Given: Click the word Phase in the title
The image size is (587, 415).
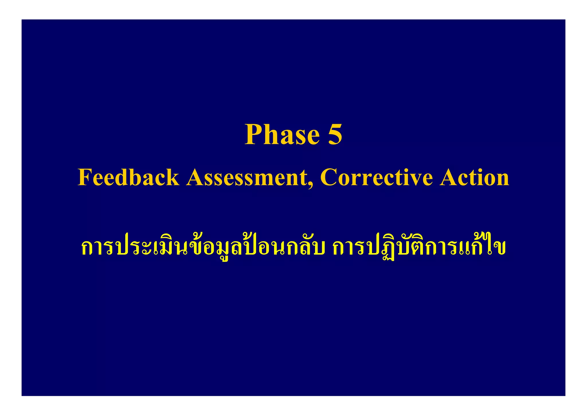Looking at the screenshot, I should (282, 134).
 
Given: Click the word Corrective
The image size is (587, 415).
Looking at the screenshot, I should (376, 177).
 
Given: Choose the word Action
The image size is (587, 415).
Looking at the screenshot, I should (475, 177).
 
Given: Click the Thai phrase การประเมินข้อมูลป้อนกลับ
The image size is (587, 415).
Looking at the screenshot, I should (203, 247).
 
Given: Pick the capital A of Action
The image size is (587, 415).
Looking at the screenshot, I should (449, 177).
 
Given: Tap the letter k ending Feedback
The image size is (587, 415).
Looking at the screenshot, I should (173, 177).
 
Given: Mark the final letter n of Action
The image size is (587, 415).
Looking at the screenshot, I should (502, 179).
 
